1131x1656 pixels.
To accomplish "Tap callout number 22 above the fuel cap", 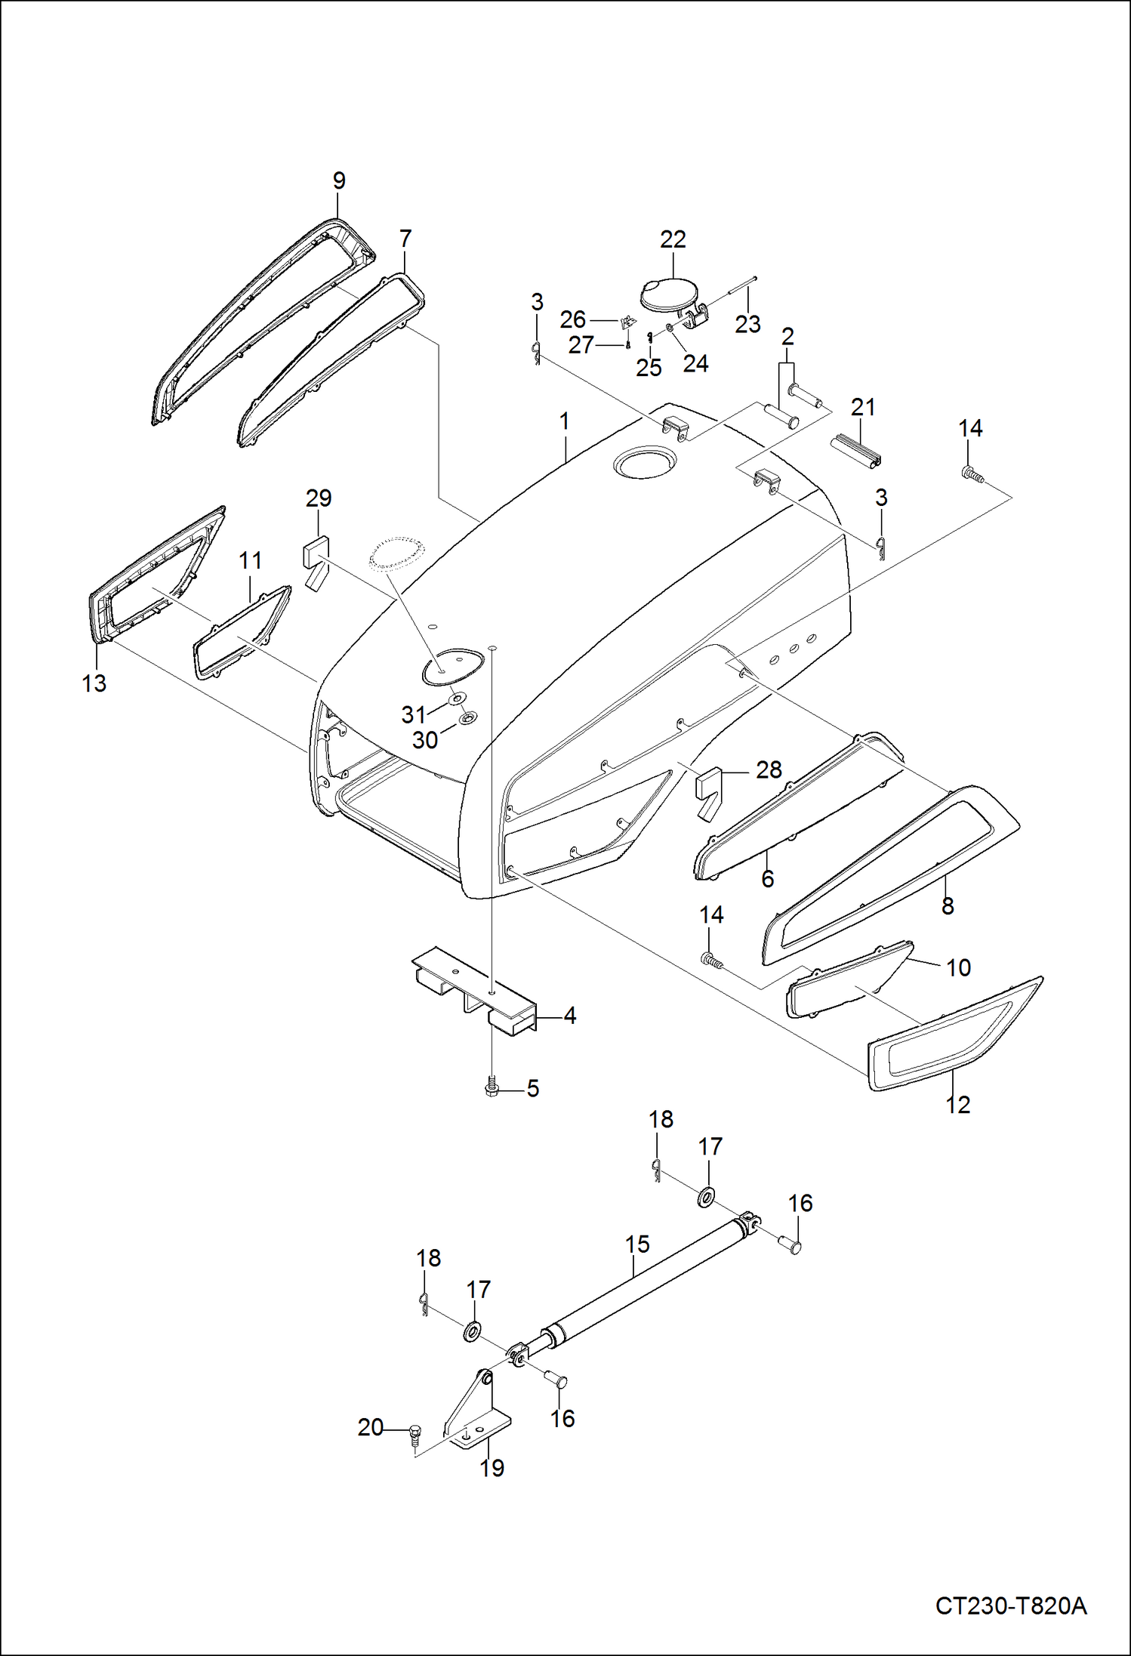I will tap(672, 239).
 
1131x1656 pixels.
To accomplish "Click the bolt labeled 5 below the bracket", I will tap(491, 1088).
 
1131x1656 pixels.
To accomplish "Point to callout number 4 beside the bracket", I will tap(570, 1016).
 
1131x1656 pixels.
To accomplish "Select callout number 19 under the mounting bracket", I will tap(492, 1468).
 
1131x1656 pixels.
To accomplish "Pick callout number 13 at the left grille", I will tap(94, 683).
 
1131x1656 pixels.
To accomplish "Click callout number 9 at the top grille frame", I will tap(339, 181).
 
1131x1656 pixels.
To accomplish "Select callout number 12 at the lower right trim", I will tap(957, 1105).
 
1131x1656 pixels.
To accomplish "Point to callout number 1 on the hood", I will tap(565, 421).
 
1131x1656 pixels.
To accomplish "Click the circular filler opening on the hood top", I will tap(641, 462).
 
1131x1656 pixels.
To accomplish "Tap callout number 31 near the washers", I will tap(414, 714).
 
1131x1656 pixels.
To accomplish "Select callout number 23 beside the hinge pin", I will tap(747, 324).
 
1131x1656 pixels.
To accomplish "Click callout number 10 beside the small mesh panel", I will tap(958, 967).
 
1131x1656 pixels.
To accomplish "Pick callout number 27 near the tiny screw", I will tap(581, 345).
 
